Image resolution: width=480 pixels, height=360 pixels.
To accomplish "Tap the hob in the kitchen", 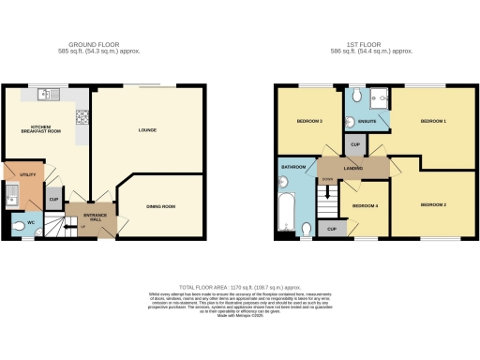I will (x=82, y=118).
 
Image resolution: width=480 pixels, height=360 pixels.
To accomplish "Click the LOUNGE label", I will (x=146, y=131).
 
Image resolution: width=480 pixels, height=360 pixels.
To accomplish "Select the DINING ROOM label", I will (x=161, y=207).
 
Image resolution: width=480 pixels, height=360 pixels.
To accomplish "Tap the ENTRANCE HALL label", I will (x=97, y=217).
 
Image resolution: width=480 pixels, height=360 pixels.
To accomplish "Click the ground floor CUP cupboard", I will (x=53, y=200).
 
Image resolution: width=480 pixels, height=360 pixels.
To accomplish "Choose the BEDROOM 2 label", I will (x=433, y=204).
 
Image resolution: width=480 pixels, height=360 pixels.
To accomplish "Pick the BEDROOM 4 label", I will (x=364, y=205).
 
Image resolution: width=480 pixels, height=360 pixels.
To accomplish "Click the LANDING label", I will (x=353, y=169).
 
